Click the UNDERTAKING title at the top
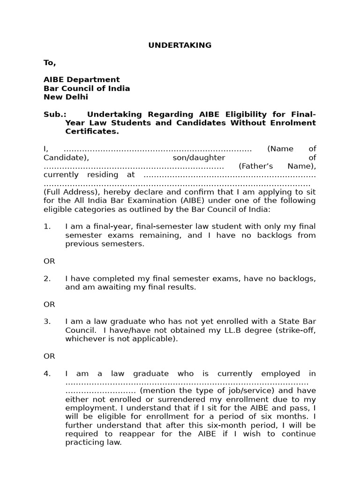180,45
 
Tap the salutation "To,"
50,63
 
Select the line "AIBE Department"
82,80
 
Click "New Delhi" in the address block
66,97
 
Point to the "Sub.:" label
55,114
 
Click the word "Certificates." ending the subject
92,132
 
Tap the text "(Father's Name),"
277,166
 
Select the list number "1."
47,226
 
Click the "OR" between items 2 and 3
49,304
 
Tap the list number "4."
47,374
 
